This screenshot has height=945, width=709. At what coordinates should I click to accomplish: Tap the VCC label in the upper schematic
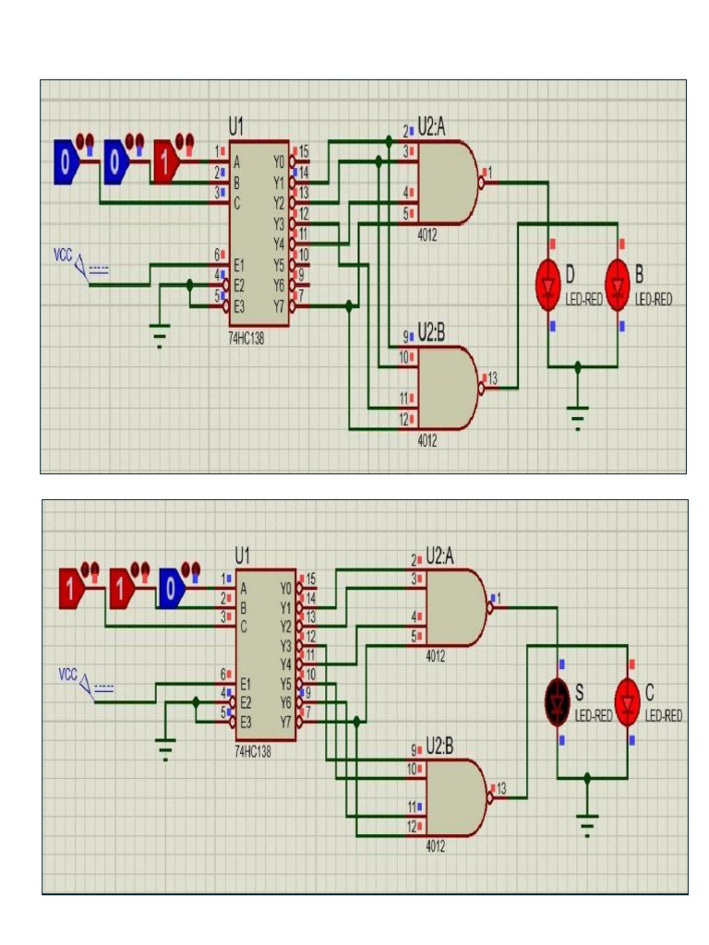pyautogui.click(x=62, y=252)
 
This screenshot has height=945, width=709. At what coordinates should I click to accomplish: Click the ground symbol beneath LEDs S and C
pyautogui.click(x=587, y=821)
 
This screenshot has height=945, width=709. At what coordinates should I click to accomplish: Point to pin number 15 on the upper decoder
pyautogui.click(x=304, y=150)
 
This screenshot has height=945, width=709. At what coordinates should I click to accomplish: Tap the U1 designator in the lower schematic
pyautogui.click(x=242, y=556)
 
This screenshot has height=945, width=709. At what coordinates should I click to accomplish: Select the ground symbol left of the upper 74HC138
pyautogui.click(x=161, y=335)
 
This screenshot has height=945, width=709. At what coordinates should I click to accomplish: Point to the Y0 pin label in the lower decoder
pyautogui.click(x=285, y=588)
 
